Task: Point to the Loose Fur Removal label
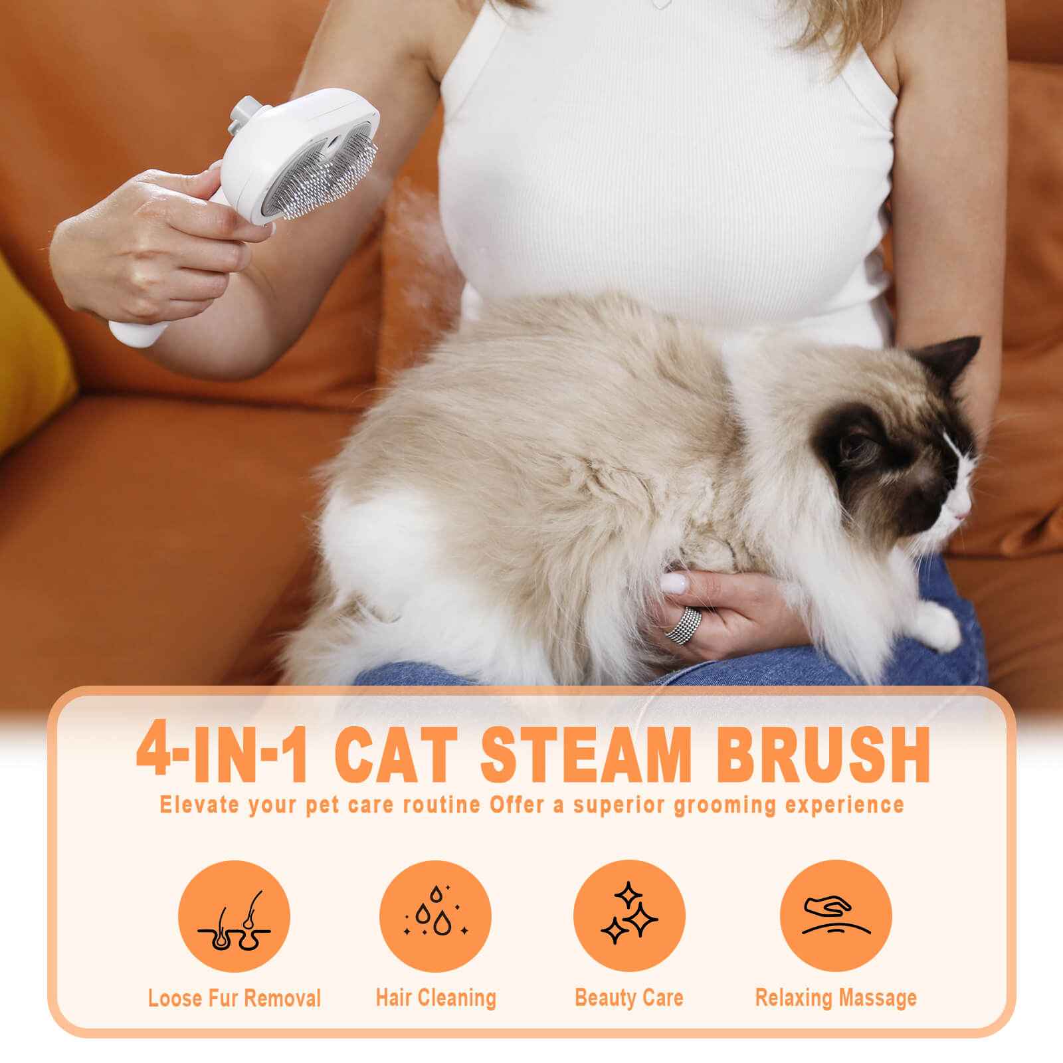(235, 998)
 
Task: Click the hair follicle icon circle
(235, 916)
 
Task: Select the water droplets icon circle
(435, 916)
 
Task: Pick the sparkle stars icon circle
(628, 916)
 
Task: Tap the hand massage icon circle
(836, 916)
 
